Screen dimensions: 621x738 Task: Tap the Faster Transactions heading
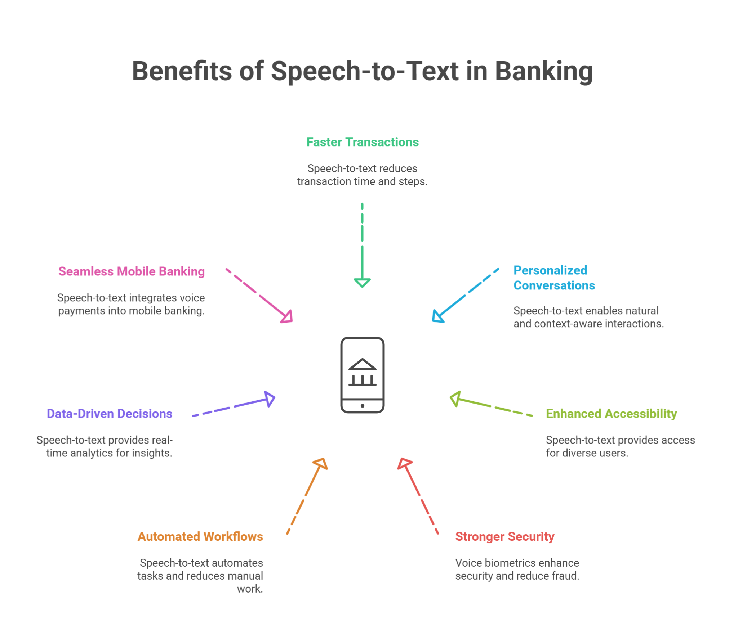362,142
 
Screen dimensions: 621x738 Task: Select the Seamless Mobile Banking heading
132,271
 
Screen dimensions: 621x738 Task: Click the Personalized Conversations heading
554,278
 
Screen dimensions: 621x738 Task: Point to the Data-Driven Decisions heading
110,414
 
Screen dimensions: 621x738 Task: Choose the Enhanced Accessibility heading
611,414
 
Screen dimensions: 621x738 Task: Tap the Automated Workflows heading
200,536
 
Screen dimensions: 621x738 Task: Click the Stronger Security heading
504,536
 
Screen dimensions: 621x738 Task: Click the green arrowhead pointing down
362,283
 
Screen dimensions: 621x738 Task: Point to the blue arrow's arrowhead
437,316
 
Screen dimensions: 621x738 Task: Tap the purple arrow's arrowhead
270,399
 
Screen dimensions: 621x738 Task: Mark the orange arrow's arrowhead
321,463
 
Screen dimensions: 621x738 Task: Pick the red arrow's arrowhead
404,463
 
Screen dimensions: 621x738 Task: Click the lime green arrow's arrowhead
455,399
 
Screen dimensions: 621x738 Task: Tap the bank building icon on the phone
362,372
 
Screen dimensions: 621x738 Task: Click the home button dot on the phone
362,406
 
